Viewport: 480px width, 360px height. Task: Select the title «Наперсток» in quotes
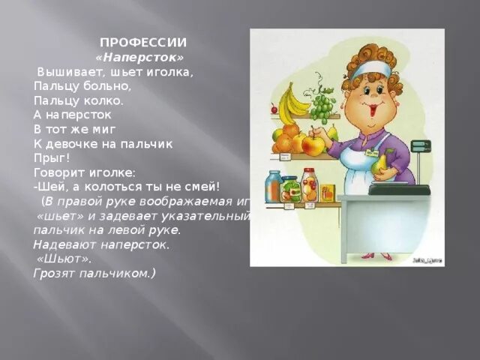140,57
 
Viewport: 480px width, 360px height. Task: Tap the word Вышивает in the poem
68,73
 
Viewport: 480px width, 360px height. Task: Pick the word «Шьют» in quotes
63,259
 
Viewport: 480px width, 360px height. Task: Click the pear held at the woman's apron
380,163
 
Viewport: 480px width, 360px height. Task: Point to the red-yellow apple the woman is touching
313,145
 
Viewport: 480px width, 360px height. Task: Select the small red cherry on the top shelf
274,109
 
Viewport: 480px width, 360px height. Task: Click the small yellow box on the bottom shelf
328,193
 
